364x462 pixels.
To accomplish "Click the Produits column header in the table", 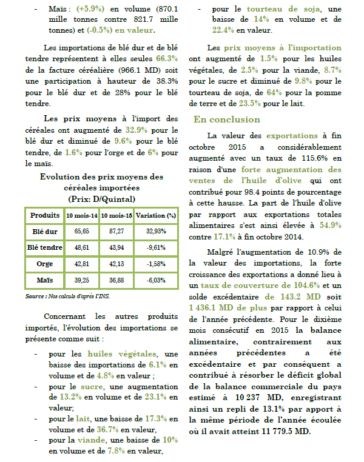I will (45, 215).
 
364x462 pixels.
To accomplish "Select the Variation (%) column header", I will (155, 215).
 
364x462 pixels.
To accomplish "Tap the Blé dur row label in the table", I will (45, 232).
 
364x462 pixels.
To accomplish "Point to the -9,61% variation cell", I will (155, 248).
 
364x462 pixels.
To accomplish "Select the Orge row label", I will (45, 264).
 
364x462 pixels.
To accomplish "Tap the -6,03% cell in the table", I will (155, 281).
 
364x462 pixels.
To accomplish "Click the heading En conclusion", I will (226, 119).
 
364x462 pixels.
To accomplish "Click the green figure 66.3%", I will (166, 59).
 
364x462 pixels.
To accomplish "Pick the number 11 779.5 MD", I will (284, 431).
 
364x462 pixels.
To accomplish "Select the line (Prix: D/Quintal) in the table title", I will (101, 198).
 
